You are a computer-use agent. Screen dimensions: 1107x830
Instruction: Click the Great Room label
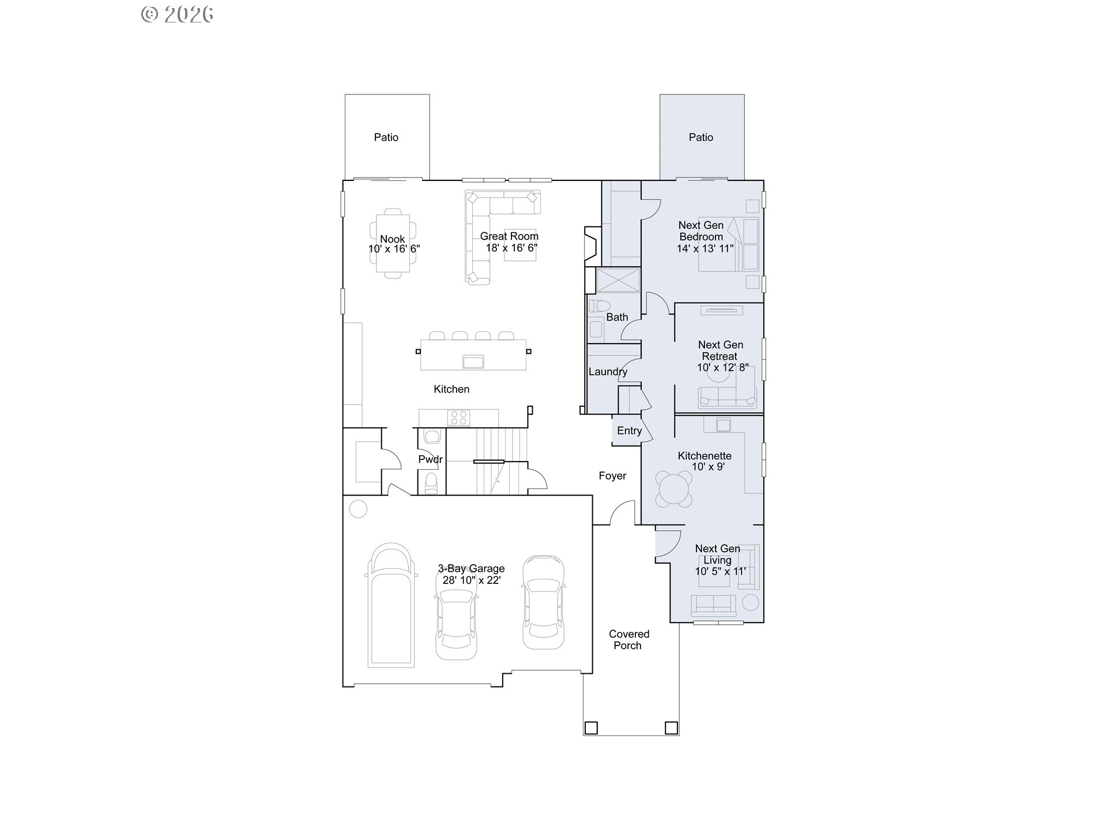[x=509, y=236]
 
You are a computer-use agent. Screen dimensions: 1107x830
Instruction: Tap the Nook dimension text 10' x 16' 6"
[x=394, y=249]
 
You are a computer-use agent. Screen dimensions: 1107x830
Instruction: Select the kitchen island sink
[x=473, y=362]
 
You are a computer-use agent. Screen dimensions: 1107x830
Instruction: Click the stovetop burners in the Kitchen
[x=460, y=418]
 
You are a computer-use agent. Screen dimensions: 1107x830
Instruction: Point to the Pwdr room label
[x=431, y=459]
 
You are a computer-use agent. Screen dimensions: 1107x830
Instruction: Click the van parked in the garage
[x=391, y=605]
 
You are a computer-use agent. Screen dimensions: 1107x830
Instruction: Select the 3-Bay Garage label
[x=471, y=568]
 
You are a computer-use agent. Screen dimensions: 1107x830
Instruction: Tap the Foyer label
[x=612, y=476]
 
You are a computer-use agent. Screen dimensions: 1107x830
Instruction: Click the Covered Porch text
[x=629, y=640]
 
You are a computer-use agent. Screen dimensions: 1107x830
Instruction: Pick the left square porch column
[x=590, y=728]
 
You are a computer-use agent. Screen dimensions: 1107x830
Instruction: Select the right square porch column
[x=671, y=728]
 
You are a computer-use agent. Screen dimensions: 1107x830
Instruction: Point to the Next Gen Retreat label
[x=720, y=350]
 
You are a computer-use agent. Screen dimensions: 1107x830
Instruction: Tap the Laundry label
[x=608, y=372]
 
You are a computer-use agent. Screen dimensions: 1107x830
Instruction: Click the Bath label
[x=617, y=317]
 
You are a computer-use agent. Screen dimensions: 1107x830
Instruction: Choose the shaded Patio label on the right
[x=701, y=137]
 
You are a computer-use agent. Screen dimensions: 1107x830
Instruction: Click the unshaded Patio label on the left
[x=386, y=137]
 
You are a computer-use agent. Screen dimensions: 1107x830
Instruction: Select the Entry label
[x=629, y=431]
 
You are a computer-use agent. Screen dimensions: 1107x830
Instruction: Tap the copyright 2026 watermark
[x=178, y=14]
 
